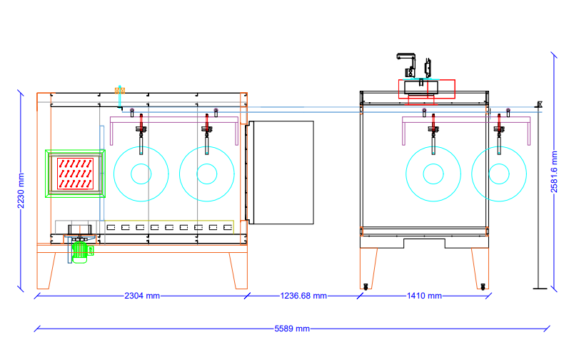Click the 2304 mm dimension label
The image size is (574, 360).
click(x=142, y=296)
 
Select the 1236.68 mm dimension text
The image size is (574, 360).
click(x=303, y=296)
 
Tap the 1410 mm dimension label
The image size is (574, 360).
click(x=424, y=296)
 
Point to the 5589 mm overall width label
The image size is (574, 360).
click(x=292, y=329)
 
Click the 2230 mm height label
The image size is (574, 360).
click(x=21, y=191)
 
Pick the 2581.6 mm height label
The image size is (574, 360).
click(x=554, y=171)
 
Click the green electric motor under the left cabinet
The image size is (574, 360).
click(x=80, y=252)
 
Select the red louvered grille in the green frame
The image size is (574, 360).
click(x=75, y=174)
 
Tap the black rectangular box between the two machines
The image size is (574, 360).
click(x=281, y=172)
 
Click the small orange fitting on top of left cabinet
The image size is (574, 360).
click(x=120, y=90)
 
